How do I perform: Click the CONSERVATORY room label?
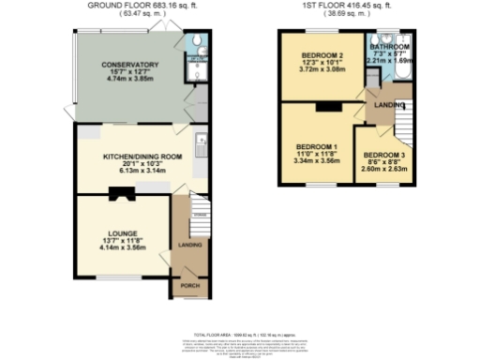(x=130, y=64)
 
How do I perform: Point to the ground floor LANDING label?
(x=190, y=246)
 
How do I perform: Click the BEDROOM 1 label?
(x=316, y=147)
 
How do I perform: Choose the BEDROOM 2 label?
(x=322, y=55)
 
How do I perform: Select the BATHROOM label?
(x=388, y=46)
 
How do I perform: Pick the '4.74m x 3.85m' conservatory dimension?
(x=130, y=80)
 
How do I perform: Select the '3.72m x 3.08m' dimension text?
(x=322, y=70)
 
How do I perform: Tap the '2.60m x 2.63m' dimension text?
(x=384, y=170)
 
